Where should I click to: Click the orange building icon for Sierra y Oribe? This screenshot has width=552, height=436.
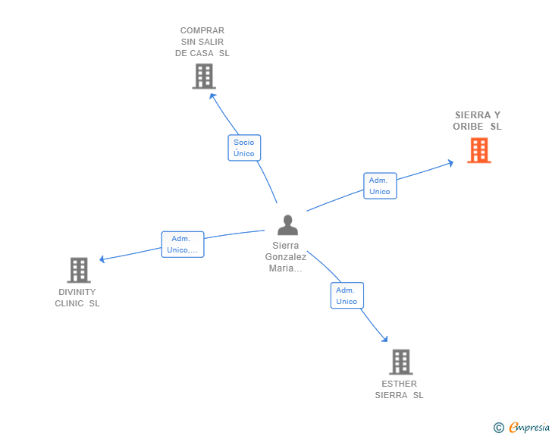(x=478, y=150)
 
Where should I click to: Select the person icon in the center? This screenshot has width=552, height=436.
(x=287, y=225)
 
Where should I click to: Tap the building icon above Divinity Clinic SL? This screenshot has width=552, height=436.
(x=78, y=270)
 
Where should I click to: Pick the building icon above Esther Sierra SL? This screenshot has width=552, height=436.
(x=400, y=362)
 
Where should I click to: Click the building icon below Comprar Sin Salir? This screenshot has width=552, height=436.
(x=203, y=76)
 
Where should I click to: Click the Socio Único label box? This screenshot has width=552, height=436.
(x=244, y=148)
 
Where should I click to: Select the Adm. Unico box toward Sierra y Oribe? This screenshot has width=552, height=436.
(x=379, y=186)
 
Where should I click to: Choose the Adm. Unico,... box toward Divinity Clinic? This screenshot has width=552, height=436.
(x=182, y=244)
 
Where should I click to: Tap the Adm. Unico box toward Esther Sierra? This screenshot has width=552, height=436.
(x=347, y=296)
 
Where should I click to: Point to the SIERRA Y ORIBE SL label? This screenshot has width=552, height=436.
(x=478, y=121)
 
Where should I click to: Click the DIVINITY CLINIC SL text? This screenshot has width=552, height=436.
(x=77, y=298)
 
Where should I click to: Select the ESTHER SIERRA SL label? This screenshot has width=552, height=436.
(x=400, y=389)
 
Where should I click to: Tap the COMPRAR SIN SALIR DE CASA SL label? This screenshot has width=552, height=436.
(x=202, y=42)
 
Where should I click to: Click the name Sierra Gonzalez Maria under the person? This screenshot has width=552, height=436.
(x=286, y=257)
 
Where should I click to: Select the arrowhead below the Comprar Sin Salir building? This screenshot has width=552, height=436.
(x=213, y=96)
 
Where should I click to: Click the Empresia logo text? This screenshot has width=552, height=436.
(x=528, y=428)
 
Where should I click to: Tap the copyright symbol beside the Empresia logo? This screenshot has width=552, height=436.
(x=498, y=428)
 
